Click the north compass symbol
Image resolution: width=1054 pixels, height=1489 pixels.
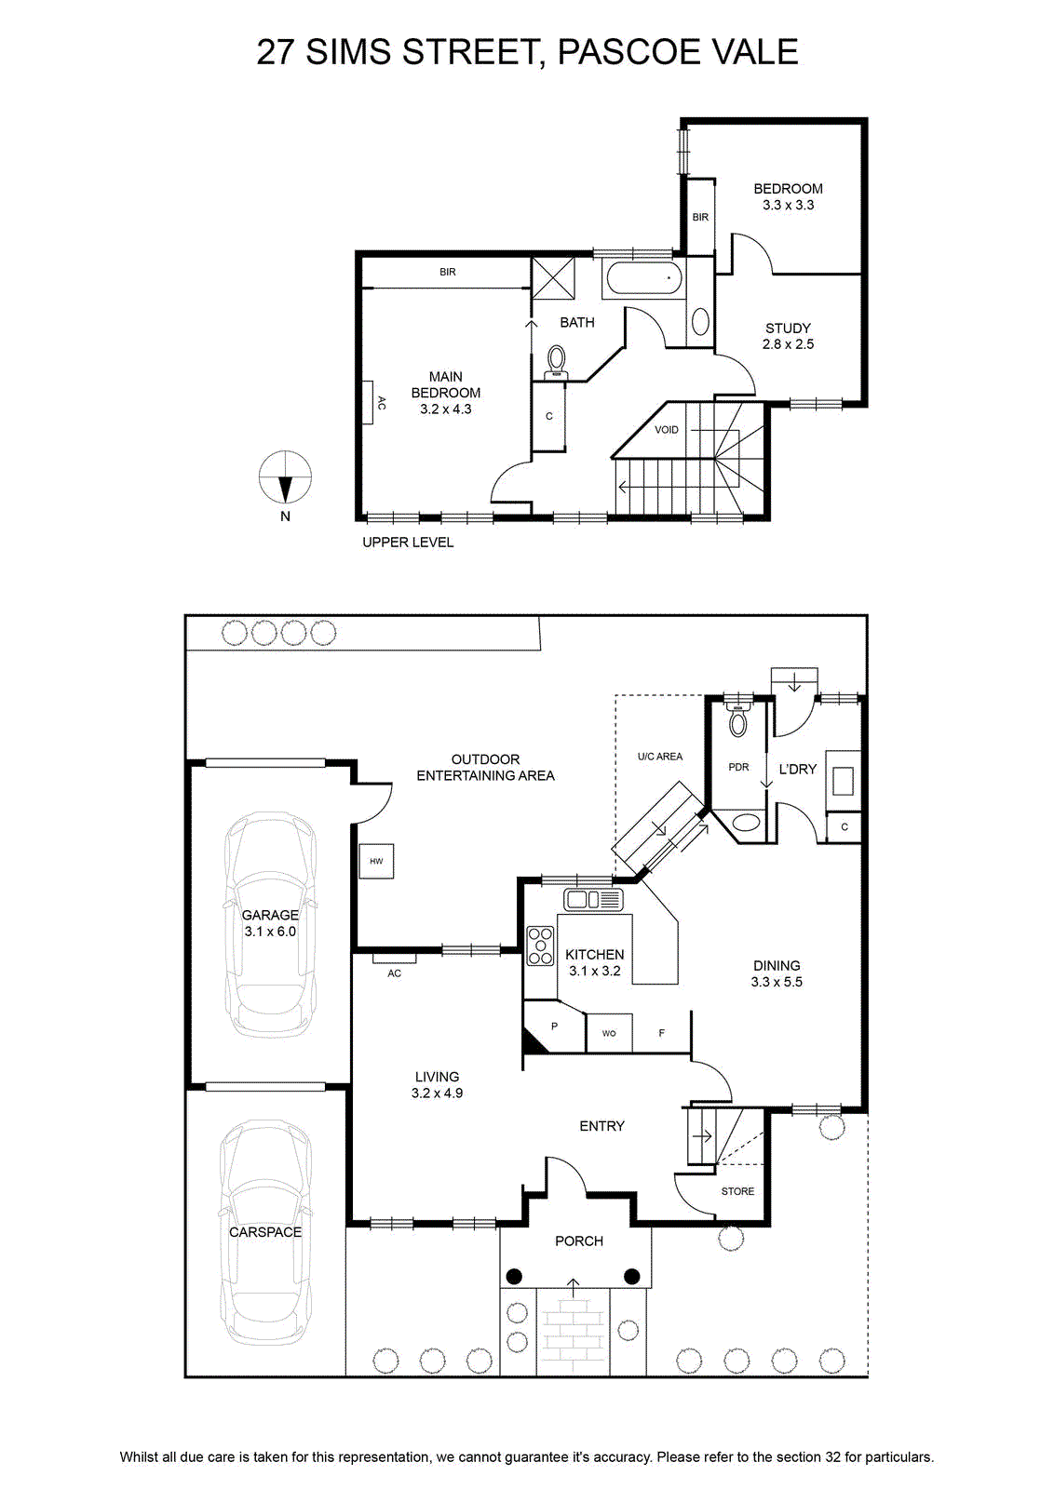point(285,477)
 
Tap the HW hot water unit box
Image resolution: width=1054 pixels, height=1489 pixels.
point(376,861)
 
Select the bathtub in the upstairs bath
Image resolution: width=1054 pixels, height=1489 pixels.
point(642,278)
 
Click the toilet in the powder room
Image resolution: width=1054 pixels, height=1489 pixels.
point(737,719)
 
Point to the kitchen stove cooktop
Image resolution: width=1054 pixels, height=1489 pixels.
point(540,946)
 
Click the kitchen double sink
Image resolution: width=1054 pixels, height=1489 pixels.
point(593,899)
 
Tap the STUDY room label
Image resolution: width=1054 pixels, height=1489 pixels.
point(788,329)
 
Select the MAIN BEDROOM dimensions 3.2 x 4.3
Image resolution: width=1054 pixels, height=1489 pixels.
point(446,409)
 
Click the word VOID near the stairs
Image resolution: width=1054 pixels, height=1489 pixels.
point(667,430)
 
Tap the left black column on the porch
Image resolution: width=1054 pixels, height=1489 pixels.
point(514,1276)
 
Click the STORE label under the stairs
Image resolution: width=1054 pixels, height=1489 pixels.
point(737,1191)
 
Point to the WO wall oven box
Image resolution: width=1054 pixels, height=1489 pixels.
point(609,1033)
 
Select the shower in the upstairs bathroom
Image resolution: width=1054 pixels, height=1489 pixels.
point(552,278)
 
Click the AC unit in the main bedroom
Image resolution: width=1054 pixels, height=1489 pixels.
point(368,401)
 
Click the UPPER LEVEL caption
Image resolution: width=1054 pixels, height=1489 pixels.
point(408,543)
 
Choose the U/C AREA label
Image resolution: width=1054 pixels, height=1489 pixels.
point(659,757)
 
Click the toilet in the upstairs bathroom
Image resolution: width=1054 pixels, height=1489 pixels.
point(556,362)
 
